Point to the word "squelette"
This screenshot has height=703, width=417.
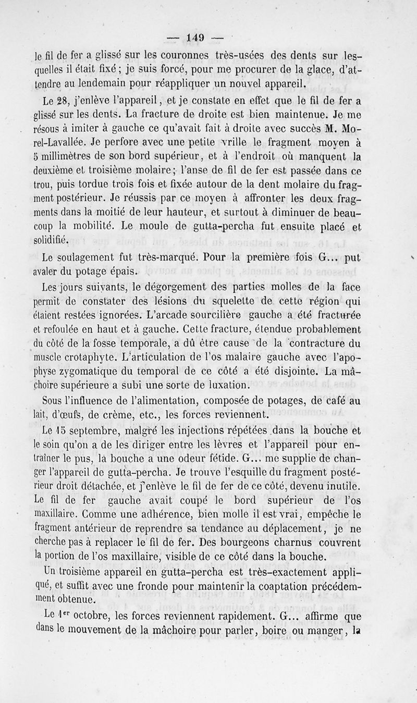(240, 300)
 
